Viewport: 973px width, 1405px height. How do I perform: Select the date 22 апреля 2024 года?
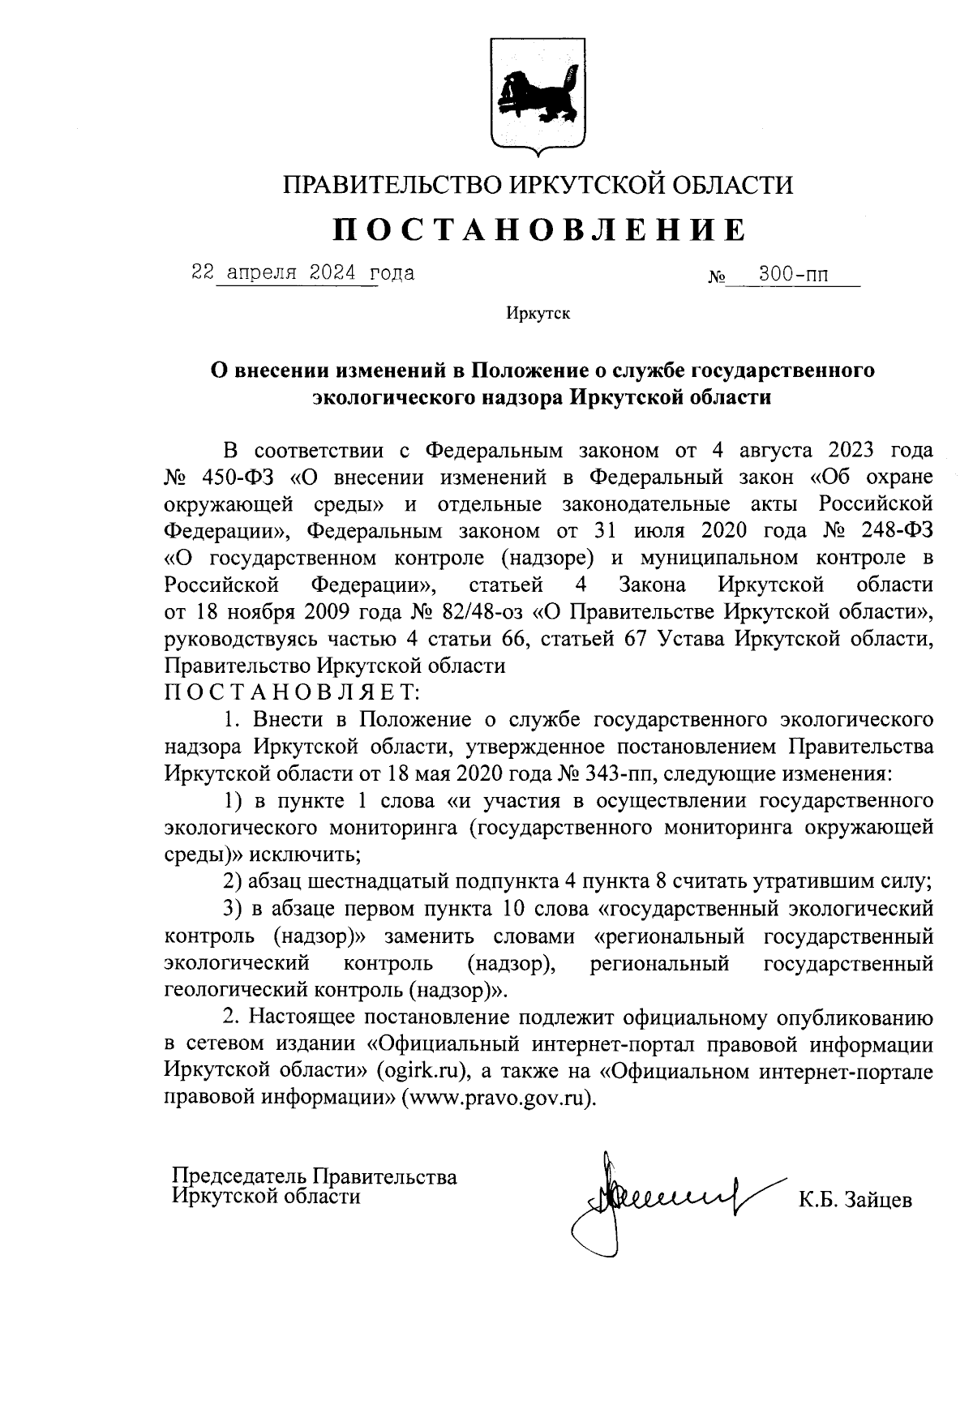pyautogui.click(x=302, y=273)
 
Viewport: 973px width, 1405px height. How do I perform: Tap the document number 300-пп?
pyautogui.click(x=793, y=276)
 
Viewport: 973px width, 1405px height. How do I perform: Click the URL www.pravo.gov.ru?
pyautogui.click(x=497, y=1099)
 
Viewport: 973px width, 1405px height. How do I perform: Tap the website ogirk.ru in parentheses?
pyautogui.click(x=422, y=1072)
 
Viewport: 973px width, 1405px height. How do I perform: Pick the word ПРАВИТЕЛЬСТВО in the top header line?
pyautogui.click(x=392, y=185)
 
